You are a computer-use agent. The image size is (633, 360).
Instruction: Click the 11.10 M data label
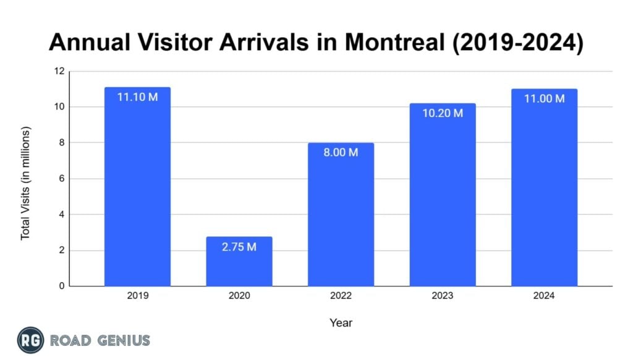(x=137, y=97)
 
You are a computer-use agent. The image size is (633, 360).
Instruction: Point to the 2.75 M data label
(x=239, y=247)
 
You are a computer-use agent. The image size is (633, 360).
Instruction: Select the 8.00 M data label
(x=341, y=153)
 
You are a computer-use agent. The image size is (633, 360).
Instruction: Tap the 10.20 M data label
(x=443, y=113)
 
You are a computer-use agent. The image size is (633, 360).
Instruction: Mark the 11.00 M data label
(x=544, y=99)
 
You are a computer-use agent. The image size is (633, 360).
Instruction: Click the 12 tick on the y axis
(x=59, y=71)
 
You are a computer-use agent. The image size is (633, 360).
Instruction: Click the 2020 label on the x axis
(x=239, y=296)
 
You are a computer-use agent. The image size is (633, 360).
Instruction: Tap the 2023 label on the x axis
(x=443, y=296)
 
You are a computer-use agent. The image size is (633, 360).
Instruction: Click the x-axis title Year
(x=341, y=322)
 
